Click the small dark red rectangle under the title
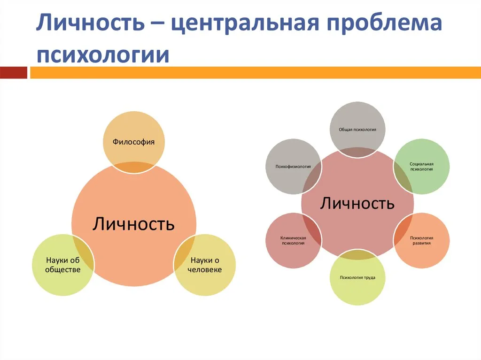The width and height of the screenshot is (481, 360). (x=14, y=73)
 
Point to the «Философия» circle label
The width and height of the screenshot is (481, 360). (x=133, y=142)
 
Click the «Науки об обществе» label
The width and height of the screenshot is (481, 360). (x=63, y=265)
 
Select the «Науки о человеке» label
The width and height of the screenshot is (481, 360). (x=205, y=265)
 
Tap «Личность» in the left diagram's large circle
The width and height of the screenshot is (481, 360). (x=134, y=223)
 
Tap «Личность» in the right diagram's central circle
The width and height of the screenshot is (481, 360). (x=357, y=203)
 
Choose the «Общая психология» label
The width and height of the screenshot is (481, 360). (x=357, y=130)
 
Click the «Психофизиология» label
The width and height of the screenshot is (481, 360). (x=293, y=167)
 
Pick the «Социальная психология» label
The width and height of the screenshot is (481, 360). (x=421, y=167)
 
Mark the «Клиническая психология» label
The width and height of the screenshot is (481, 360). (x=293, y=240)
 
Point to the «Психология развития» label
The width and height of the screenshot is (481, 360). (x=421, y=240)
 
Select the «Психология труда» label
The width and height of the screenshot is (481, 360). (x=357, y=277)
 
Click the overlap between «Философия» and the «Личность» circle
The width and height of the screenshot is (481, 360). (x=134, y=167)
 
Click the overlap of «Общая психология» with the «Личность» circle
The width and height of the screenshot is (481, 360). (x=357, y=152)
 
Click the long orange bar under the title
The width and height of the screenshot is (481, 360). (x=256, y=73)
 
